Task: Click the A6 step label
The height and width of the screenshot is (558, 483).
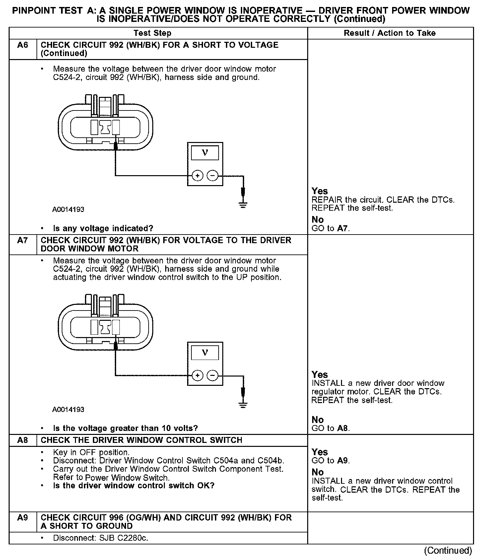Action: click(x=23, y=45)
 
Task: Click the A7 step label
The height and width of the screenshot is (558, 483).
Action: click(x=23, y=240)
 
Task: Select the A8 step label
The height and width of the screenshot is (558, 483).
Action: click(x=23, y=440)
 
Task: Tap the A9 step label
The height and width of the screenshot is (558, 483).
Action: click(x=23, y=518)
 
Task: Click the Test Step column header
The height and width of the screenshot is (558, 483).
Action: click(x=152, y=33)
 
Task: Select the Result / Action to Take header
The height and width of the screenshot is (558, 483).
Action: click(x=389, y=33)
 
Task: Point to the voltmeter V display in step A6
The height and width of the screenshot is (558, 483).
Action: click(x=205, y=153)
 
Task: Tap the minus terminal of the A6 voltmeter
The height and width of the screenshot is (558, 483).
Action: click(x=213, y=175)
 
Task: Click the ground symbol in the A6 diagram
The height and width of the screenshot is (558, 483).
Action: click(x=243, y=205)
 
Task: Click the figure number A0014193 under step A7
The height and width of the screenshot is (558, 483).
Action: click(x=68, y=409)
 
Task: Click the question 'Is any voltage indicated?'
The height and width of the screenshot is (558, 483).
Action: click(x=103, y=228)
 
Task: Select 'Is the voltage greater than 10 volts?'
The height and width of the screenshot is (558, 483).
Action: click(x=125, y=428)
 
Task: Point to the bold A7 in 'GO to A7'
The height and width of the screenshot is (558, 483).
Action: click(x=343, y=228)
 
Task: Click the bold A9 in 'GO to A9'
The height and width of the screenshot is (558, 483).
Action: click(x=343, y=460)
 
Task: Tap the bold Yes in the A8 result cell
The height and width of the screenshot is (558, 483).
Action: click(x=319, y=452)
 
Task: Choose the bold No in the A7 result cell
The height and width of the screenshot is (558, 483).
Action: click(x=317, y=420)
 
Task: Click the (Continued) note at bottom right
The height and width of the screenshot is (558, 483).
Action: click(x=448, y=550)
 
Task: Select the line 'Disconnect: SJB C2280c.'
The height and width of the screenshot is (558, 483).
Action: click(x=100, y=538)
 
